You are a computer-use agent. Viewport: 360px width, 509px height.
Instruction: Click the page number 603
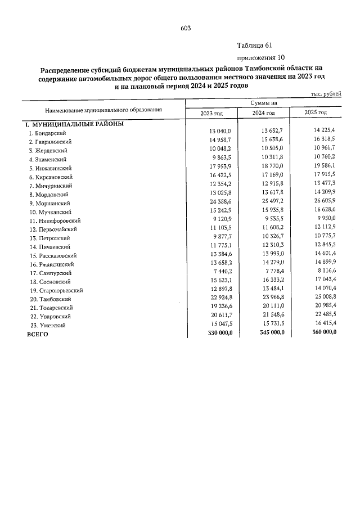pos(186,29)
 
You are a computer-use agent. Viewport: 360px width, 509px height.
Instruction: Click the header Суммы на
pos(264,103)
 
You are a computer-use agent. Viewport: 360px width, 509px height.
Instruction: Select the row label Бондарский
pos(48,133)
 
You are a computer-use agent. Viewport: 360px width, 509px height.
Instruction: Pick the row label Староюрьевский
pos(56,290)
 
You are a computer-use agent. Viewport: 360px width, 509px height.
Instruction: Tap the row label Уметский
pos(48,325)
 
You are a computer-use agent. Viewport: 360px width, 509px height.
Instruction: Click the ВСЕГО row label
pos(38,334)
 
